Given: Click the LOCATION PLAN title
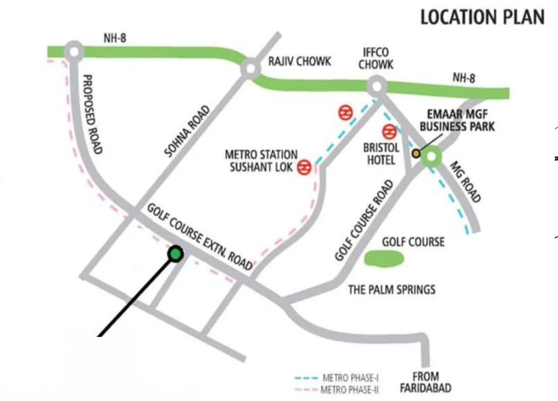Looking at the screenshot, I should pyautogui.click(x=482, y=18).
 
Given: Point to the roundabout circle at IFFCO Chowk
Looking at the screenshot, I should pyautogui.click(x=376, y=85).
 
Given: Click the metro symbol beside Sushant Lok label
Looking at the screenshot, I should pyautogui.click(x=304, y=166).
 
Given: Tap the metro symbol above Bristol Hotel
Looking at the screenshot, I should pyautogui.click(x=389, y=132).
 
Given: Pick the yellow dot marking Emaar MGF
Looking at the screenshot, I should pyautogui.click(x=416, y=153).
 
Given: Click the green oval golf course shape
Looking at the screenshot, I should pyautogui.click(x=385, y=258).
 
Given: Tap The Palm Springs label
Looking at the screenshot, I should pyautogui.click(x=392, y=290).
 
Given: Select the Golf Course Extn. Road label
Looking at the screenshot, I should pyautogui.click(x=200, y=236).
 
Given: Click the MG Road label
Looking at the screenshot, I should pyautogui.click(x=465, y=181).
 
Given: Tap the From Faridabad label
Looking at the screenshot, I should pyautogui.click(x=425, y=382).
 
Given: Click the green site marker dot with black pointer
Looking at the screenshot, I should pyautogui.click(x=175, y=254).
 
